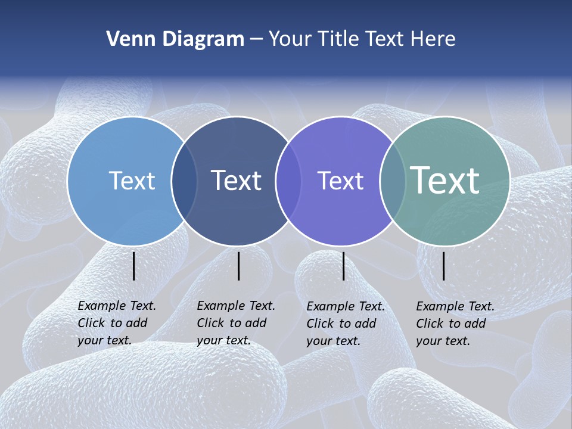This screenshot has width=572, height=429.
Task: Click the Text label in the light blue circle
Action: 132,181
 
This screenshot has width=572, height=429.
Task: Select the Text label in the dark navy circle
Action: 236,181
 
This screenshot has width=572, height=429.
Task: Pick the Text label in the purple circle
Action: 340,181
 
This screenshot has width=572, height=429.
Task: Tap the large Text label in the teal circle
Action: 444,180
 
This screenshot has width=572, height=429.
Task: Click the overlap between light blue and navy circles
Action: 184,181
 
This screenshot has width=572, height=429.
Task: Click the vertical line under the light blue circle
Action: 133,266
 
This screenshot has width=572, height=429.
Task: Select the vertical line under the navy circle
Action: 238,266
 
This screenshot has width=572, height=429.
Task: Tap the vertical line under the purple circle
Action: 343,266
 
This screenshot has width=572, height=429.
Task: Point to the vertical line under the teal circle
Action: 444,266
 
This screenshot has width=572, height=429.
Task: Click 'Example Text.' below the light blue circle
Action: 117,306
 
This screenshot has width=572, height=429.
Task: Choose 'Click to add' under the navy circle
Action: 232,323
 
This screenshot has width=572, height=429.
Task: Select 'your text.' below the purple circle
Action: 333,341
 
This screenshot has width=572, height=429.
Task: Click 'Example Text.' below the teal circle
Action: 455,306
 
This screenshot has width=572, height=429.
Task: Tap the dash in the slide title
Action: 256,39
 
